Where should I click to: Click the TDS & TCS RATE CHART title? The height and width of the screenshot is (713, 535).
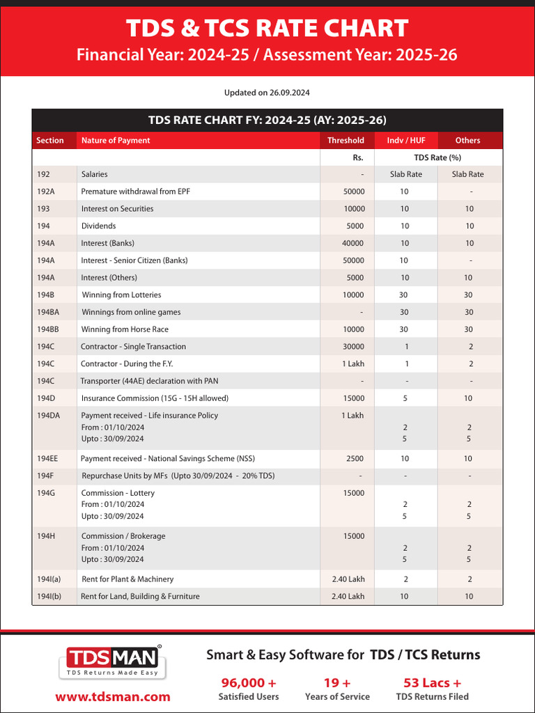tap(267, 29)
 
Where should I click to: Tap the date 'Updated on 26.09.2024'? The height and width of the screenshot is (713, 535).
tap(267, 93)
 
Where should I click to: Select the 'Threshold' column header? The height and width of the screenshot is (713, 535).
tap(346, 141)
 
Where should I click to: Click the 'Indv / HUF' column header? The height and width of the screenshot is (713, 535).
tap(406, 141)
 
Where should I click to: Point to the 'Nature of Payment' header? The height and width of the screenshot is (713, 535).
tap(116, 141)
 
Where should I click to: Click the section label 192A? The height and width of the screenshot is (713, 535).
tap(46, 191)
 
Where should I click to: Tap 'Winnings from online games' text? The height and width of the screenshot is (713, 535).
tap(131, 312)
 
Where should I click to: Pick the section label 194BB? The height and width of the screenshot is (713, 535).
tap(48, 329)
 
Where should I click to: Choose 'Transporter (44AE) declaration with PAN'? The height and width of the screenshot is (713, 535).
tap(160, 381)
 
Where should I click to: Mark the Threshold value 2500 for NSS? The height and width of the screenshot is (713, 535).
tap(355, 459)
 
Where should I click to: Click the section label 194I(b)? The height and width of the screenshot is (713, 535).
tap(49, 596)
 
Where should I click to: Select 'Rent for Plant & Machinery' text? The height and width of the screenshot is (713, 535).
tap(127, 579)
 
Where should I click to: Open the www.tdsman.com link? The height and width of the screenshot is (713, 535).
tap(113, 696)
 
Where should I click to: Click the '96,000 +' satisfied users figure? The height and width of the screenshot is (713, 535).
tap(248, 682)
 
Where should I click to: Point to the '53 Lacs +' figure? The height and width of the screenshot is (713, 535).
tap(432, 682)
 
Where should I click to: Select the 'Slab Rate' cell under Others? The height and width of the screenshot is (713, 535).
tap(467, 175)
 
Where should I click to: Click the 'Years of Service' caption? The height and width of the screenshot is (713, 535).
tap(337, 697)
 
